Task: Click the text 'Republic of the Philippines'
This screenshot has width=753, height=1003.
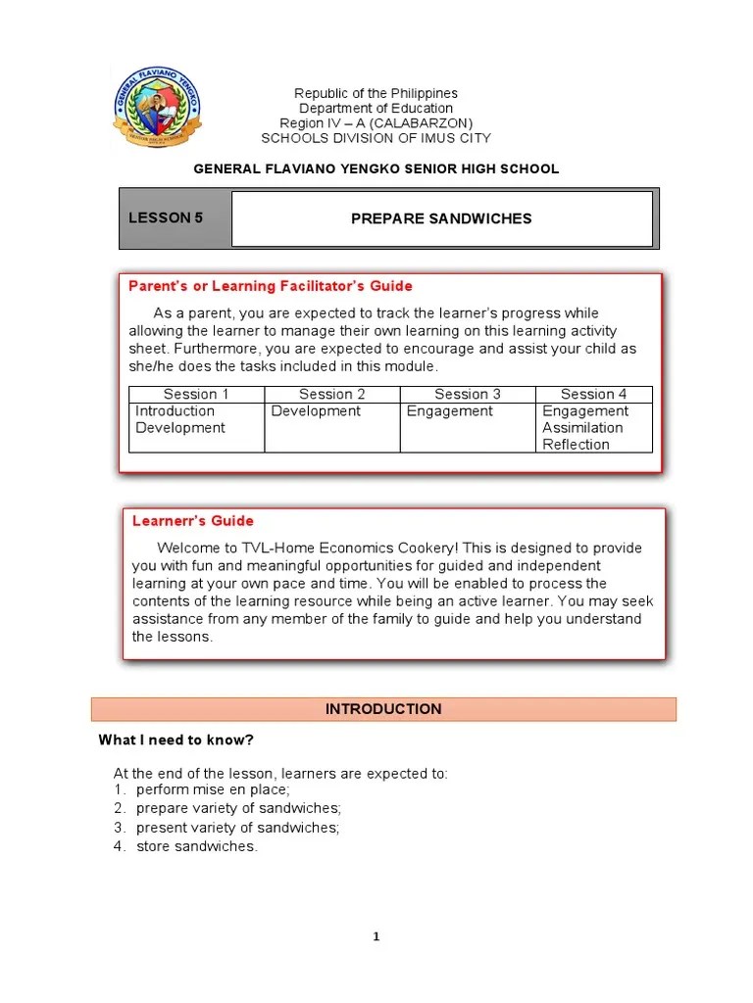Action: [376, 93]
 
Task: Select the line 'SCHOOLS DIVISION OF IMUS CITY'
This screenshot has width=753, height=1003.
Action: [376, 138]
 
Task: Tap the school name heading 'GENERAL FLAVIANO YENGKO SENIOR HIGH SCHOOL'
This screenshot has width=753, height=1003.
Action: [376, 168]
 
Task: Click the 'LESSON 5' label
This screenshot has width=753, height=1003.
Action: [166, 217]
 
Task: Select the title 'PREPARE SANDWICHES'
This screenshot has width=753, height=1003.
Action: [441, 218]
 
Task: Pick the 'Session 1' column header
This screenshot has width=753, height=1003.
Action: [196, 394]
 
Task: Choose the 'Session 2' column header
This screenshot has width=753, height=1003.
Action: [332, 394]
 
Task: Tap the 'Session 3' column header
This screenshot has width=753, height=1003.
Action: [468, 394]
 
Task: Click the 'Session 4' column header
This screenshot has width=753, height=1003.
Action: [593, 394]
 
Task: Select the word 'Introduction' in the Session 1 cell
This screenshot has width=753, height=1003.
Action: [175, 411]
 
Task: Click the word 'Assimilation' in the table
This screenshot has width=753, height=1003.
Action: [582, 428]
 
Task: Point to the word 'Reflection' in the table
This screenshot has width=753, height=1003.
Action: [576, 445]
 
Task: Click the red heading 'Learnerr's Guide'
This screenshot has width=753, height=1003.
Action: [193, 521]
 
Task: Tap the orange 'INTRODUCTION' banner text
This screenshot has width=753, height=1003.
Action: [383, 709]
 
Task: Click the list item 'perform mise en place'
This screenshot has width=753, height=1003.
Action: [213, 789]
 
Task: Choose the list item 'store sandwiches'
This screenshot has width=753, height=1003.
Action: [196, 846]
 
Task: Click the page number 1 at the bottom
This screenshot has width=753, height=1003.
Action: [376, 937]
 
